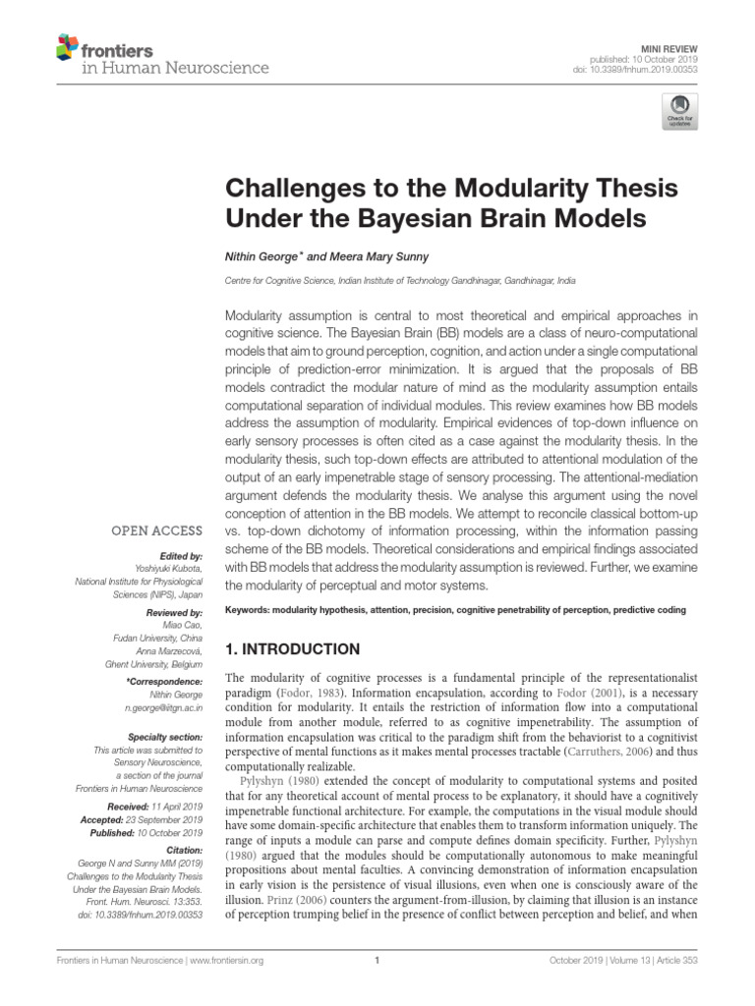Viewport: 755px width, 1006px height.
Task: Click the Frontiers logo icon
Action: pyautogui.click(x=67, y=46)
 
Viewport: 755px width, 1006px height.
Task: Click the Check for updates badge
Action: pyautogui.click(x=678, y=111)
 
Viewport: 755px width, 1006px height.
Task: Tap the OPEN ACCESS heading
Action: pyautogui.click(x=157, y=531)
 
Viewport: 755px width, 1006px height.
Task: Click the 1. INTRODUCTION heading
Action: pyautogui.click(x=294, y=649)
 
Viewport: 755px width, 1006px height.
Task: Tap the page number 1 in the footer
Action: pyautogui.click(x=377, y=961)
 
